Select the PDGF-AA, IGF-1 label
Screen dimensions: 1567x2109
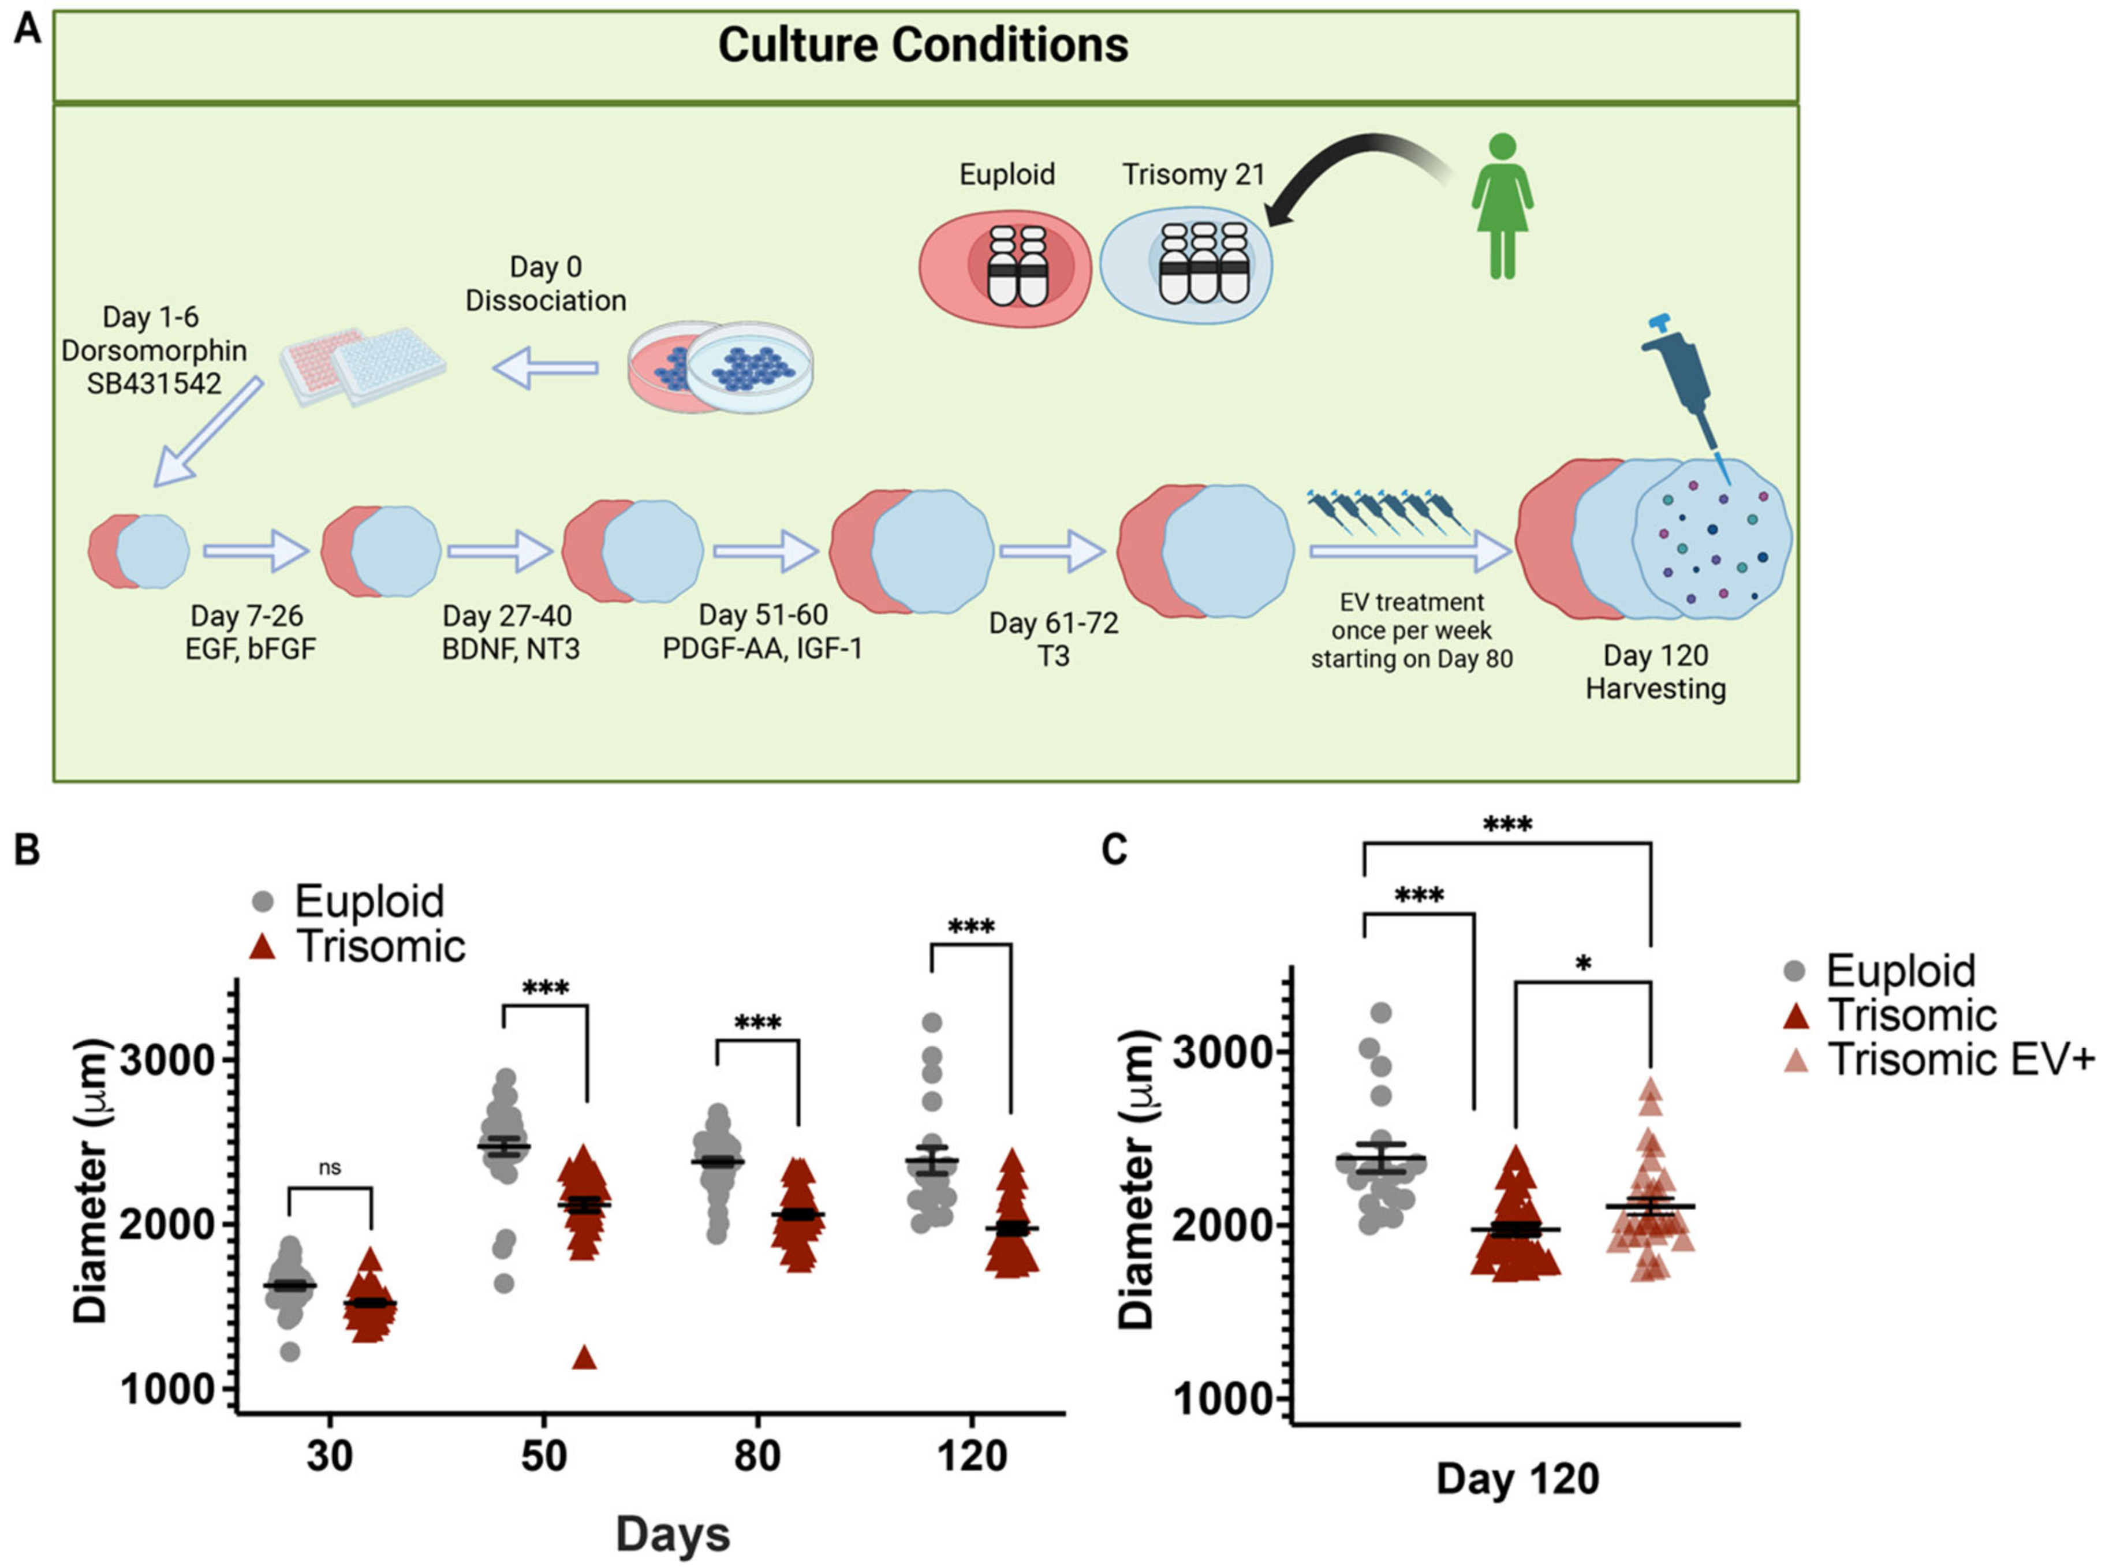pos(763,649)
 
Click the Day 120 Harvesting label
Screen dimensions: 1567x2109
pos(1655,671)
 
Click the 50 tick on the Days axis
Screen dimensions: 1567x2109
pos(544,1454)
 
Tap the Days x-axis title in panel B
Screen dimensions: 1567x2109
pos(673,1534)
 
